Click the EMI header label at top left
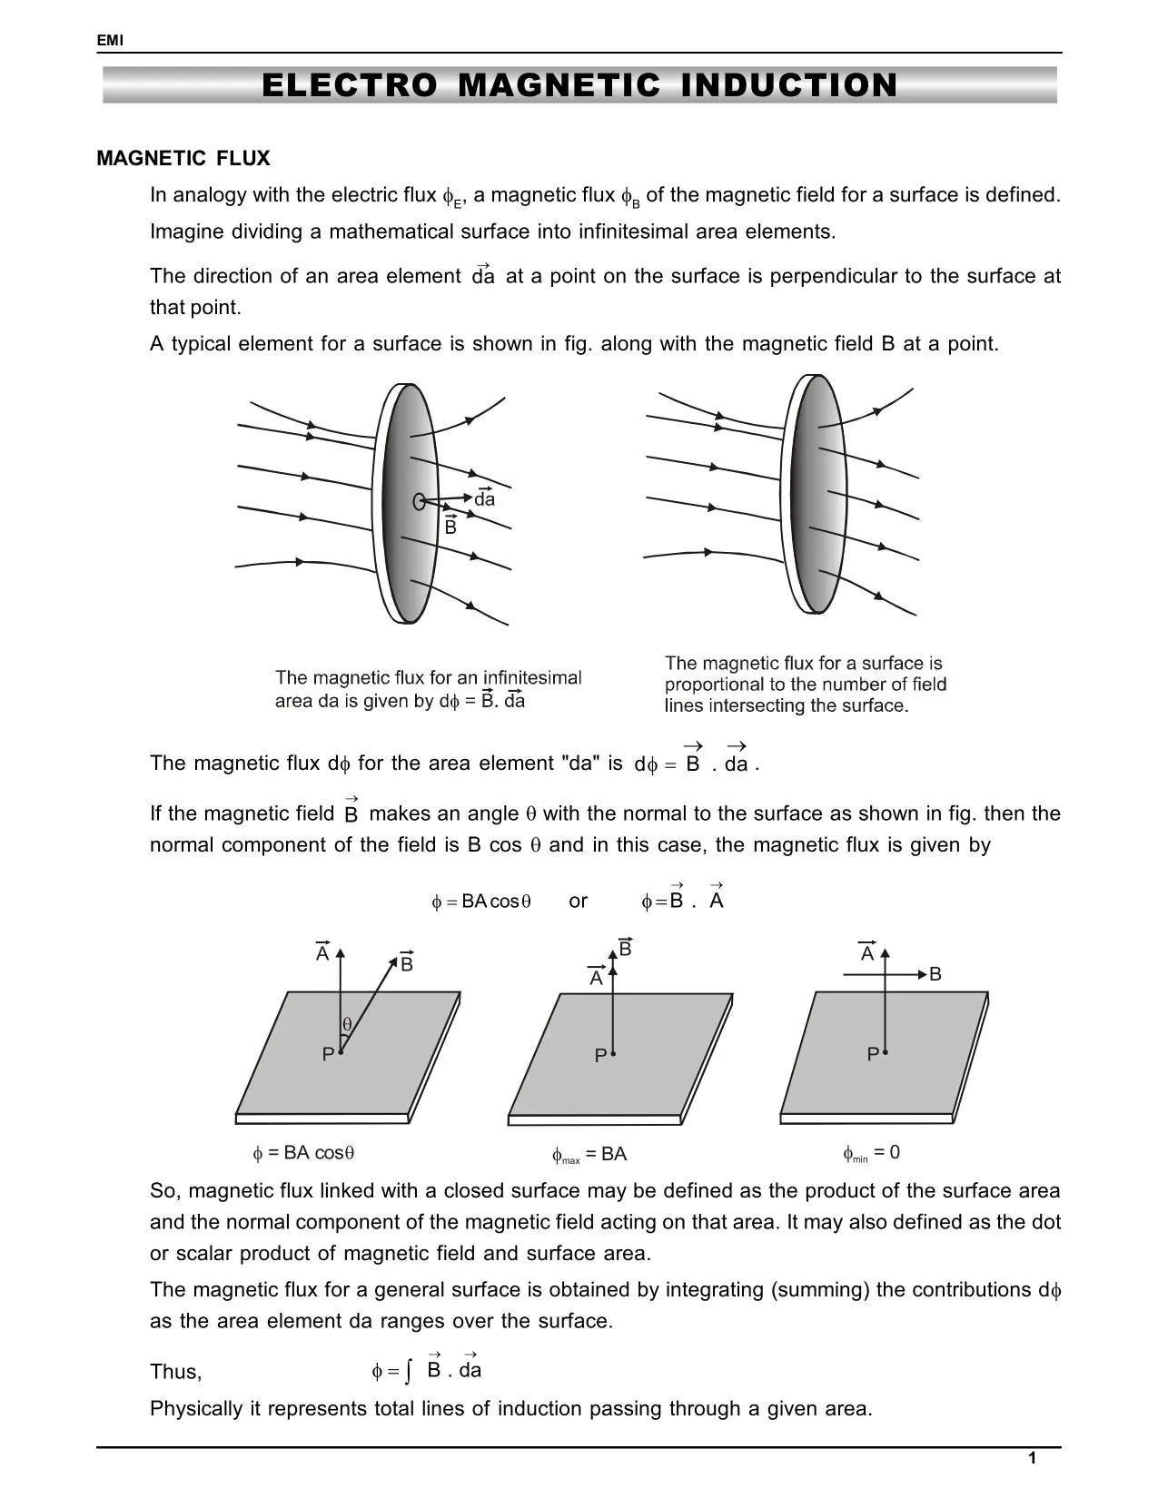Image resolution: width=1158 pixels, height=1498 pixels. tap(109, 41)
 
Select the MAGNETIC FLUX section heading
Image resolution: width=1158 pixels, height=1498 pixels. tap(183, 159)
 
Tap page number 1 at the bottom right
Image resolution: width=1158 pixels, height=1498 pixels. tap(1032, 1459)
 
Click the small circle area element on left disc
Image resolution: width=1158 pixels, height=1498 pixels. tap(419, 501)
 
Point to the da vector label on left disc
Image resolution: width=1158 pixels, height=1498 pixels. tap(485, 499)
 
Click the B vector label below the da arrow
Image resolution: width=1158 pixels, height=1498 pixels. tap(450, 527)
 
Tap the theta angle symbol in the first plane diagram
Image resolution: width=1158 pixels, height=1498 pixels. tap(347, 1025)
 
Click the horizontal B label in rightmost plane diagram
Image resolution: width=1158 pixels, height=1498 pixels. tap(935, 975)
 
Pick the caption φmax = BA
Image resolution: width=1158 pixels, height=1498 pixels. tap(589, 1155)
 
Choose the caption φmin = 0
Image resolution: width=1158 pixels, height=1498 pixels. tap(871, 1153)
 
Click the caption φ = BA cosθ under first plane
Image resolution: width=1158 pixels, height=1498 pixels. tap(303, 1153)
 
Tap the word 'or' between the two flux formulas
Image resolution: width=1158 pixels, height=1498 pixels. tap(578, 902)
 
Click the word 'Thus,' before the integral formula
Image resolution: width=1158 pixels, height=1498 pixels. tap(175, 1372)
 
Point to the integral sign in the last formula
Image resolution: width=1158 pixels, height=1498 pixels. tap(409, 1372)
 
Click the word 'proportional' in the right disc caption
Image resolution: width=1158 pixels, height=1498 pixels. tap(712, 685)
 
